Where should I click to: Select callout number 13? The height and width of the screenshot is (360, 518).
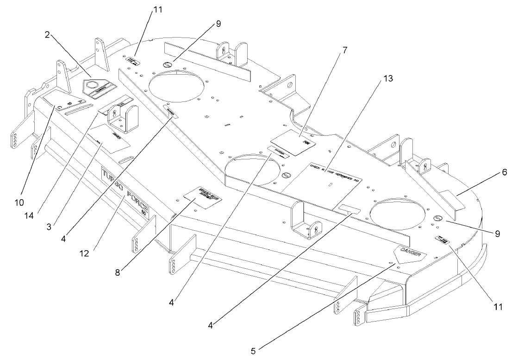(388, 79)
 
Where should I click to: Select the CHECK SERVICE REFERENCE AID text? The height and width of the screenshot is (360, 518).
(336, 173)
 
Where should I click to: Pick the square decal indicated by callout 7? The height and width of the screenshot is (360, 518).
(293, 139)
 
